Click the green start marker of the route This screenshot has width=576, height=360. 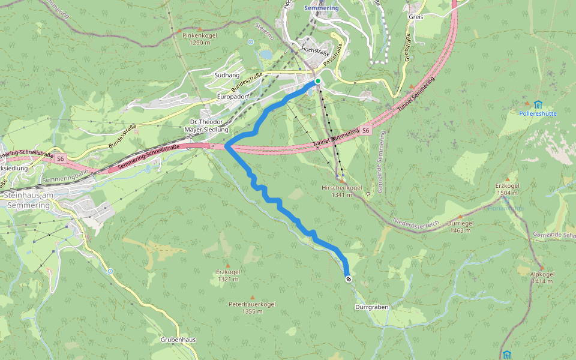tap(318, 81)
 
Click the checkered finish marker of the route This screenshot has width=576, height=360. tap(348, 279)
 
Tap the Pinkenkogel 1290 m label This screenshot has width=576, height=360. tap(199, 39)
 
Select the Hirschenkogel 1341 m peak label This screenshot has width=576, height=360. tap(341, 191)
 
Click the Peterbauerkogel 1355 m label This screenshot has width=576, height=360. tap(252, 308)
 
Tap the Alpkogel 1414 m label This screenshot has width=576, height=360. tap(542, 277)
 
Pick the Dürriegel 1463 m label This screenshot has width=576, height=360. tap(460, 226)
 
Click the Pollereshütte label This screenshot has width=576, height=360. tap(538, 113)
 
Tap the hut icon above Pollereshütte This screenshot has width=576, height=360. tap(538, 104)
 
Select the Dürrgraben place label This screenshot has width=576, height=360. tap(371, 307)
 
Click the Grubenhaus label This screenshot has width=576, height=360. tap(178, 340)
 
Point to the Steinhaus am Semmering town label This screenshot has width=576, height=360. tap(35, 200)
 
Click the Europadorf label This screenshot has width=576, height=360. tap(233, 96)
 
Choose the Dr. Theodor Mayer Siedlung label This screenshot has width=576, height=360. tap(206, 125)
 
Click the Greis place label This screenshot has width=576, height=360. tap(416, 17)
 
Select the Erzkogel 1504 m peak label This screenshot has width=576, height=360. tap(508, 190)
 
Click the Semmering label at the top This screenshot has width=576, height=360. tap(321, 8)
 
